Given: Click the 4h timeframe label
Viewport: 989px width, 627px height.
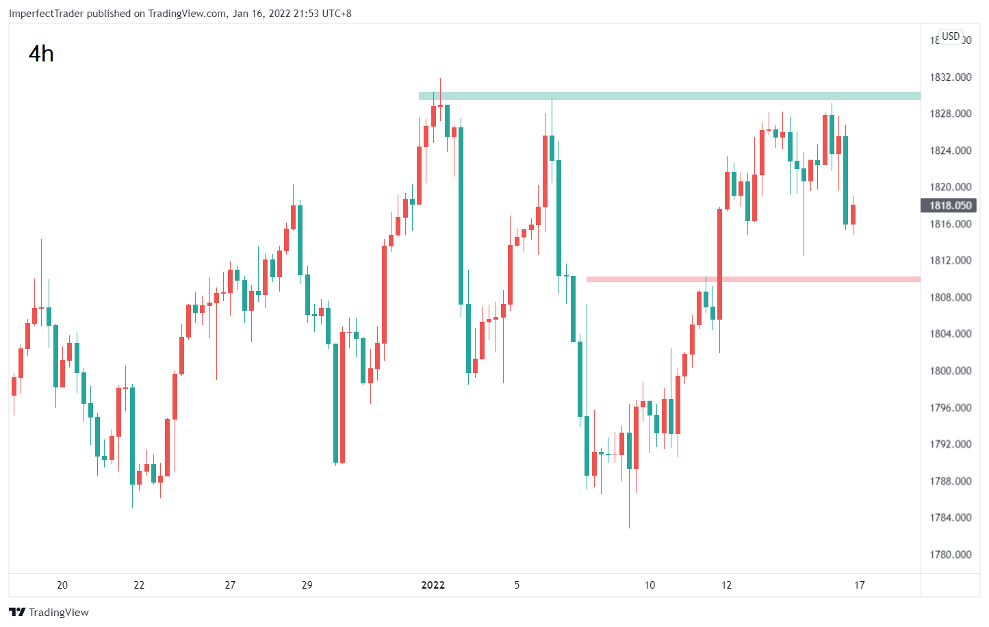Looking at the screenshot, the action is [x=41, y=54].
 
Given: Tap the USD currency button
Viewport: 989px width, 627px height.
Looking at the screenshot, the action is [x=951, y=36].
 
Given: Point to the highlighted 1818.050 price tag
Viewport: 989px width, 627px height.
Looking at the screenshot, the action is [x=950, y=205].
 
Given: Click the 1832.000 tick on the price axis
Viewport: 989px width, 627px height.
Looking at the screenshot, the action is [x=950, y=77].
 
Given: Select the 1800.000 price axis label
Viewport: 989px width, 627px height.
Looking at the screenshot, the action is [x=950, y=370].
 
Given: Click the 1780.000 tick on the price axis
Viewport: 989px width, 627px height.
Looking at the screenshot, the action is [x=950, y=554].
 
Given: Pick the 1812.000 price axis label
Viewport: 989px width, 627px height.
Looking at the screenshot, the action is [x=950, y=260].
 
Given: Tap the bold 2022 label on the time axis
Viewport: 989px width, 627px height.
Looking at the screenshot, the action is [x=433, y=585].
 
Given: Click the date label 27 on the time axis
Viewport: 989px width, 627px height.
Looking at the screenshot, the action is [x=230, y=585].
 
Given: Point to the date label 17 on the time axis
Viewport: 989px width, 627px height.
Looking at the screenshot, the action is [x=859, y=585].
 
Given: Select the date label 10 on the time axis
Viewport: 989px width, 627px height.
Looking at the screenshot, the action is [x=650, y=585].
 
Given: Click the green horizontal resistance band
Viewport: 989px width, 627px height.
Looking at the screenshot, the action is [x=669, y=96].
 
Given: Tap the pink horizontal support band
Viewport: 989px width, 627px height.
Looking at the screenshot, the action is [x=754, y=279].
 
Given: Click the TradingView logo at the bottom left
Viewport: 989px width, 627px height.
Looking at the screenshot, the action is [x=49, y=612].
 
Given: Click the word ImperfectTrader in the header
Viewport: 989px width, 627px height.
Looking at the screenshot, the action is [x=47, y=14].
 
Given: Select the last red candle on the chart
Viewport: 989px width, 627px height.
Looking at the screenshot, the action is [x=853, y=215].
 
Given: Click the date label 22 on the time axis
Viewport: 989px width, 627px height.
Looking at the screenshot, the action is [x=139, y=585].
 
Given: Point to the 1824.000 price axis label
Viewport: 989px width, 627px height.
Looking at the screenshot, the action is [x=950, y=151].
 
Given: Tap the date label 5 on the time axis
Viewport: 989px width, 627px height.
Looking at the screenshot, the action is [x=517, y=585].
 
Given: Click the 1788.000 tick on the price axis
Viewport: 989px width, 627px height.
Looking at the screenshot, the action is [x=950, y=481].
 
